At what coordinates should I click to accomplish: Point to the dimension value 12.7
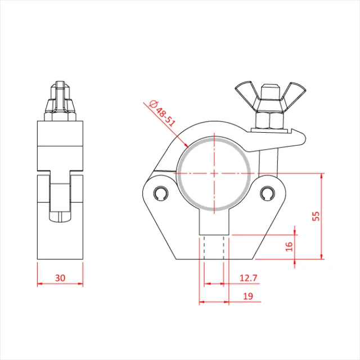248,277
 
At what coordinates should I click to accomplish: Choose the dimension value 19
248,296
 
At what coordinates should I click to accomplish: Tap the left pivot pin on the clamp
161,193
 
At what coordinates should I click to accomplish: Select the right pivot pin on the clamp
267,193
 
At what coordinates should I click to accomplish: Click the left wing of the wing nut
246,91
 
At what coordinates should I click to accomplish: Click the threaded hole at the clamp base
214,247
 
